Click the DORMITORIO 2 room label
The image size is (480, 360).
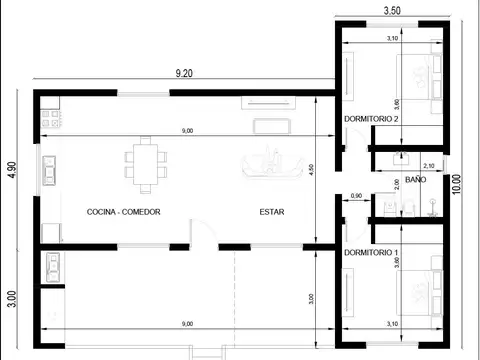371,119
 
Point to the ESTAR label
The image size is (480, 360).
272,212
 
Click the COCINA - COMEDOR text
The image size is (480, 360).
124,212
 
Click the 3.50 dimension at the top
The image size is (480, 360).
392,10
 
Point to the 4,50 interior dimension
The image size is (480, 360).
311,170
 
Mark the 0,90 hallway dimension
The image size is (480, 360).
355,195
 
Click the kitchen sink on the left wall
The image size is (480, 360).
48,171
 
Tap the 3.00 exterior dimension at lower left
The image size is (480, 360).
12,300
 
